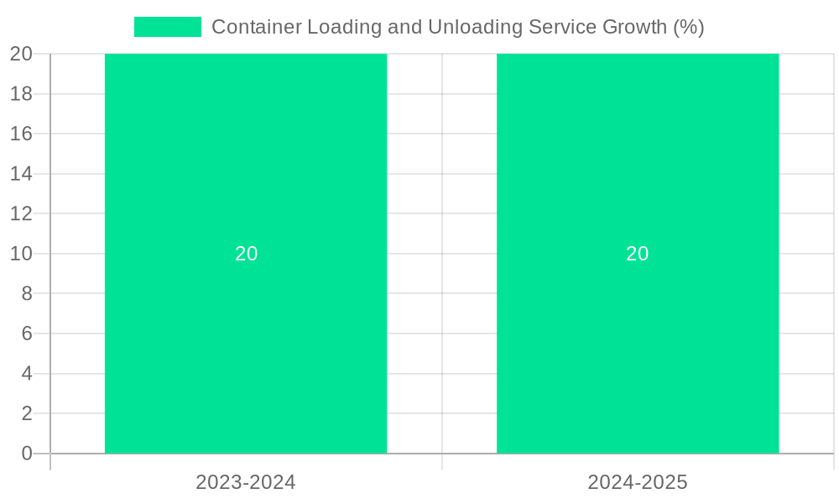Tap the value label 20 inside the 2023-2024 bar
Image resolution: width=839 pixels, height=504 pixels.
pyautogui.click(x=246, y=254)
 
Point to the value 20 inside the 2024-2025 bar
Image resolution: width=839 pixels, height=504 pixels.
pyautogui.click(x=638, y=254)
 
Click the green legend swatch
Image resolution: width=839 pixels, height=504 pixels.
pyautogui.click(x=168, y=27)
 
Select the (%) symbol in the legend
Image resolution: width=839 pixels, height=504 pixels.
pyautogui.click(x=689, y=27)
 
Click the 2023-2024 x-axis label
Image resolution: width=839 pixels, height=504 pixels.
pyautogui.click(x=246, y=482)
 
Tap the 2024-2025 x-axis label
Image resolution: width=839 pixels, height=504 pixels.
pyautogui.click(x=638, y=482)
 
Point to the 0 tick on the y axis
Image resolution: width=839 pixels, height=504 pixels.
pyautogui.click(x=26, y=454)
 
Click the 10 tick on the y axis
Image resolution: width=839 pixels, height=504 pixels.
pyautogui.click(x=21, y=254)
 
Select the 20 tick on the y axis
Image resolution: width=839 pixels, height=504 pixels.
pyautogui.click(x=21, y=54)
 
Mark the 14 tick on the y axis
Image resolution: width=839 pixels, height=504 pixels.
pyautogui.click(x=21, y=174)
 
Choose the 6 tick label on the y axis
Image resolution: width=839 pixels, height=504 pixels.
pyautogui.click(x=26, y=333)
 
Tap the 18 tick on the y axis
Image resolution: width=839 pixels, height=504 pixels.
pyautogui.click(x=21, y=94)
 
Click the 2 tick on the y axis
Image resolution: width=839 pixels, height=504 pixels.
pyautogui.click(x=26, y=413)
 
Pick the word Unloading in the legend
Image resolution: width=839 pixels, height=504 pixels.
pyautogui.click(x=475, y=27)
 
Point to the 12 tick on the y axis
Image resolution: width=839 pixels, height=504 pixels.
pyautogui.click(x=21, y=213)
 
